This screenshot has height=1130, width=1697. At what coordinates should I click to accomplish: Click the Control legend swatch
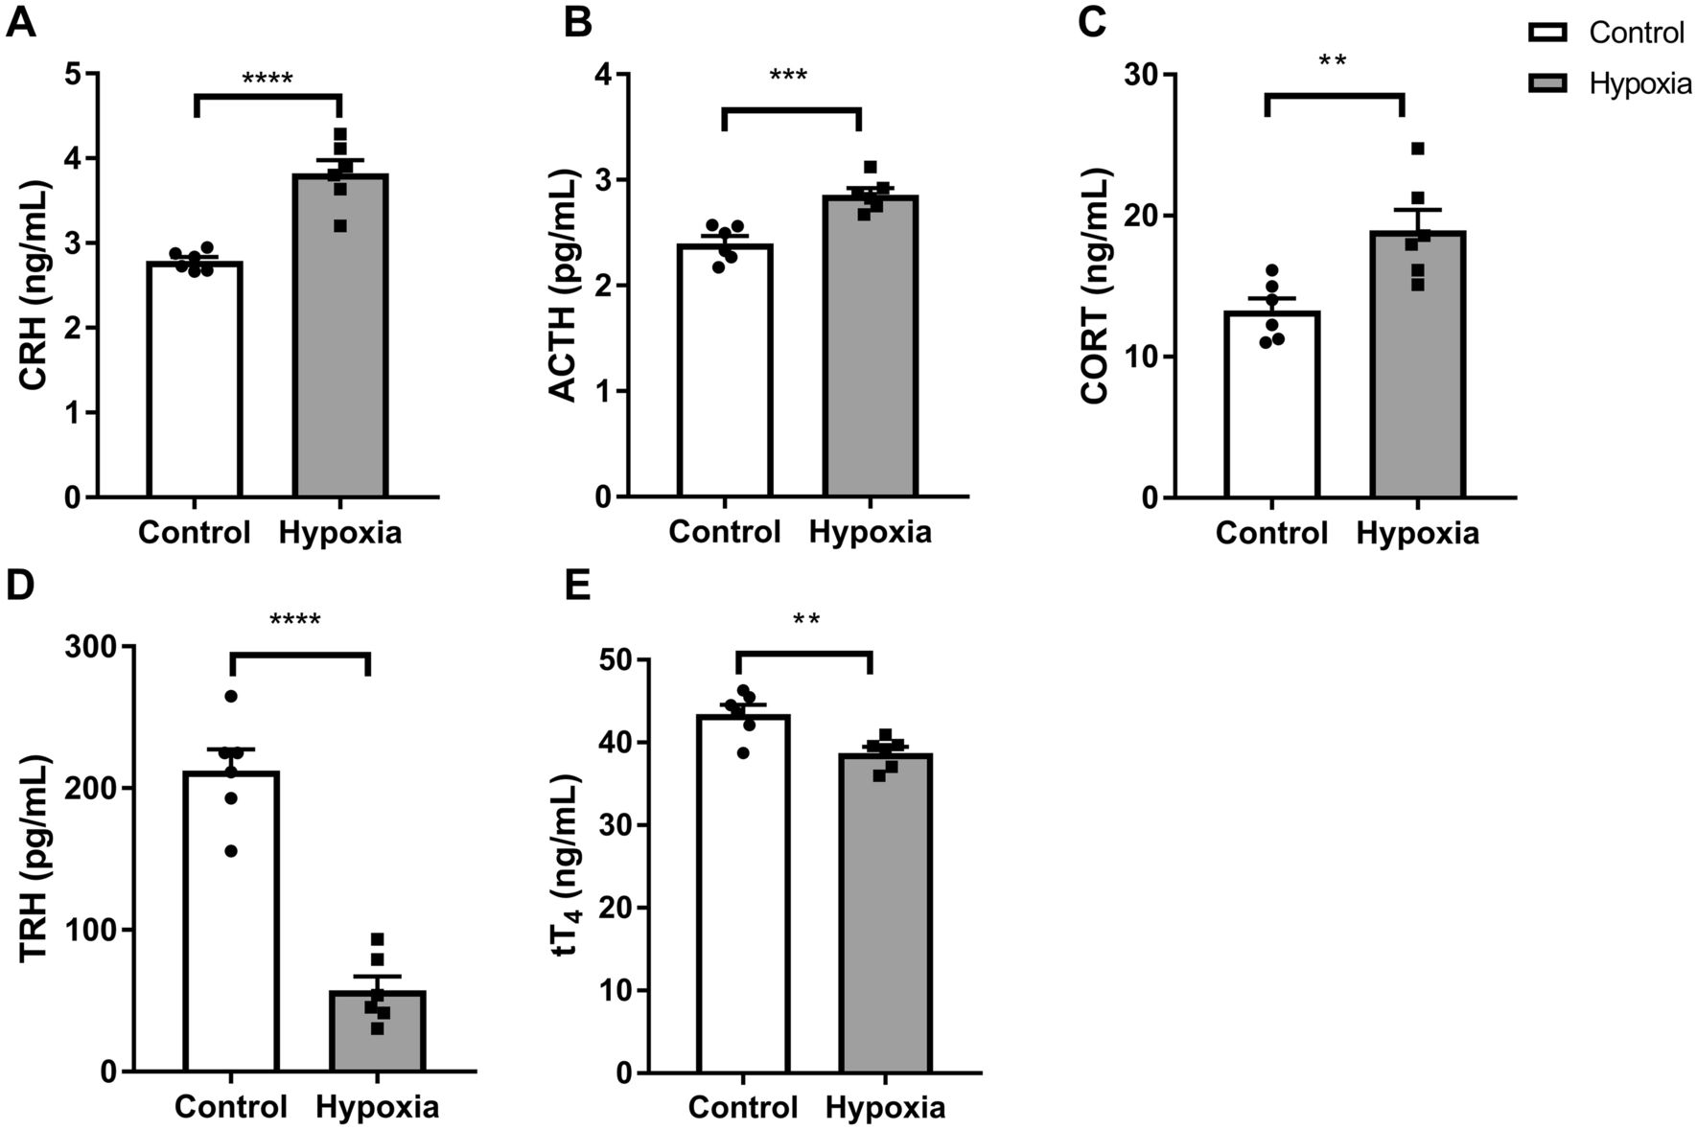coord(1547,34)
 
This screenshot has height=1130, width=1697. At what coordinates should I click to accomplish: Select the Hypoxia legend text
coord(1640,83)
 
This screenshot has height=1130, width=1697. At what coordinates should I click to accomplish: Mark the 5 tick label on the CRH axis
coord(74,74)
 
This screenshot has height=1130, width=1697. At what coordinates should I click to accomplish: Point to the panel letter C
coord(1093,21)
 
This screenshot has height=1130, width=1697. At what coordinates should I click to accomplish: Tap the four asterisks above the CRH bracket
coord(267,79)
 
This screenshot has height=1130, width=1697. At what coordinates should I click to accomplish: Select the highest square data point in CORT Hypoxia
coord(1418,149)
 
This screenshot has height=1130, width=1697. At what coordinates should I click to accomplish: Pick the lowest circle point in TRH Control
coord(231,851)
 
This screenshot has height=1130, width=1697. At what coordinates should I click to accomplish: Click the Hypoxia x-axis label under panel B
coord(870,532)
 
